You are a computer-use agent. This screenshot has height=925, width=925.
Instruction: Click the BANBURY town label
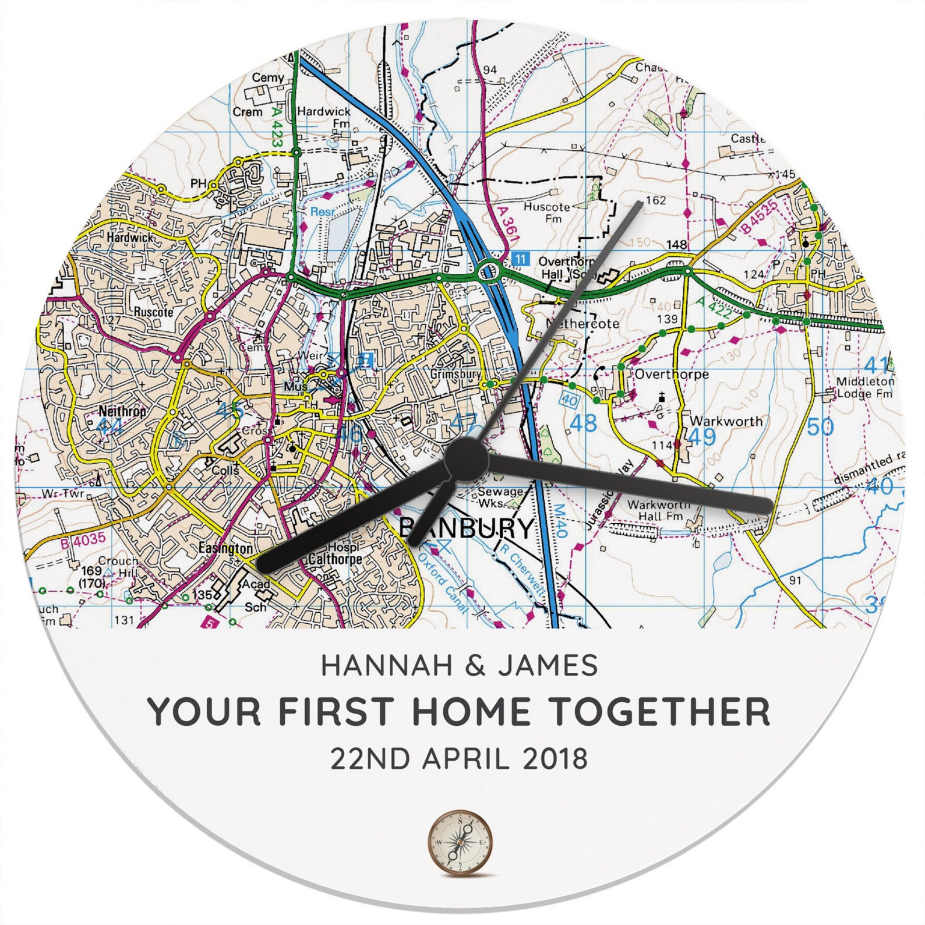466,528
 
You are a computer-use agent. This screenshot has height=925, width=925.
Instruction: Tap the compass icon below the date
460,842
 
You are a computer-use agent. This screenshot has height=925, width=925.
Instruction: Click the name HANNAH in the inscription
386,665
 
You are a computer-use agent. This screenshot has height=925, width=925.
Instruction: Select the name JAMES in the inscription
548,665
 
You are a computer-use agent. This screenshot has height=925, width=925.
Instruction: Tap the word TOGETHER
660,711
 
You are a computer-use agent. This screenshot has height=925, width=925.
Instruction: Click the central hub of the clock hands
465,460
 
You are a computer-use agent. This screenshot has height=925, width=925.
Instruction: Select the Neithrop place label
122,411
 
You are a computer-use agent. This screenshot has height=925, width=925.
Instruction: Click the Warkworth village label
726,421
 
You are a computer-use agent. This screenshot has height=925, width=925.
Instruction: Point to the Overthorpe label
671,374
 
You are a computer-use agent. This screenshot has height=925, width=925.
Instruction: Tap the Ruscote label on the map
153,312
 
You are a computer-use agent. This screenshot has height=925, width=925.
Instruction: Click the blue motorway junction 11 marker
520,259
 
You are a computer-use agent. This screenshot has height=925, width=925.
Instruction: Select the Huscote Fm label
547,212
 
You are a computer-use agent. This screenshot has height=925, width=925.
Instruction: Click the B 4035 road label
83,540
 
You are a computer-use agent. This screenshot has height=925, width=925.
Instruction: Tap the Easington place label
225,548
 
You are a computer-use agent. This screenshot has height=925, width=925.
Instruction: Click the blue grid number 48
583,423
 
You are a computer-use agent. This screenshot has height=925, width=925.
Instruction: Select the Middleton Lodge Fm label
864,387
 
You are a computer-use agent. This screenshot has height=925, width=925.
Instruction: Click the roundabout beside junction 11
489,271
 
